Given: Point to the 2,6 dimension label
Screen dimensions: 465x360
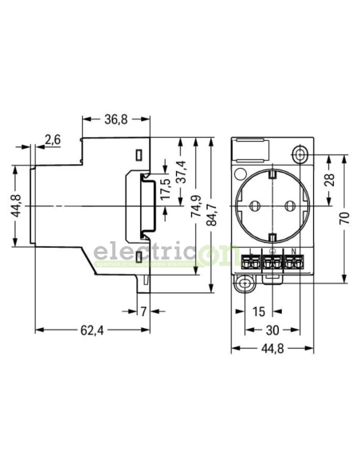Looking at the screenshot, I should [53, 140].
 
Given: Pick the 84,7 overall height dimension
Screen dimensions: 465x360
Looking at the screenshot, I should [212, 213].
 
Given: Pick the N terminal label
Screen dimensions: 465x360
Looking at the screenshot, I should [293, 252].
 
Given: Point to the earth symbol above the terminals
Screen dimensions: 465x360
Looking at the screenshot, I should [272, 252].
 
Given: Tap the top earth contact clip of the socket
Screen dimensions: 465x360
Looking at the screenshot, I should [272, 173].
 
